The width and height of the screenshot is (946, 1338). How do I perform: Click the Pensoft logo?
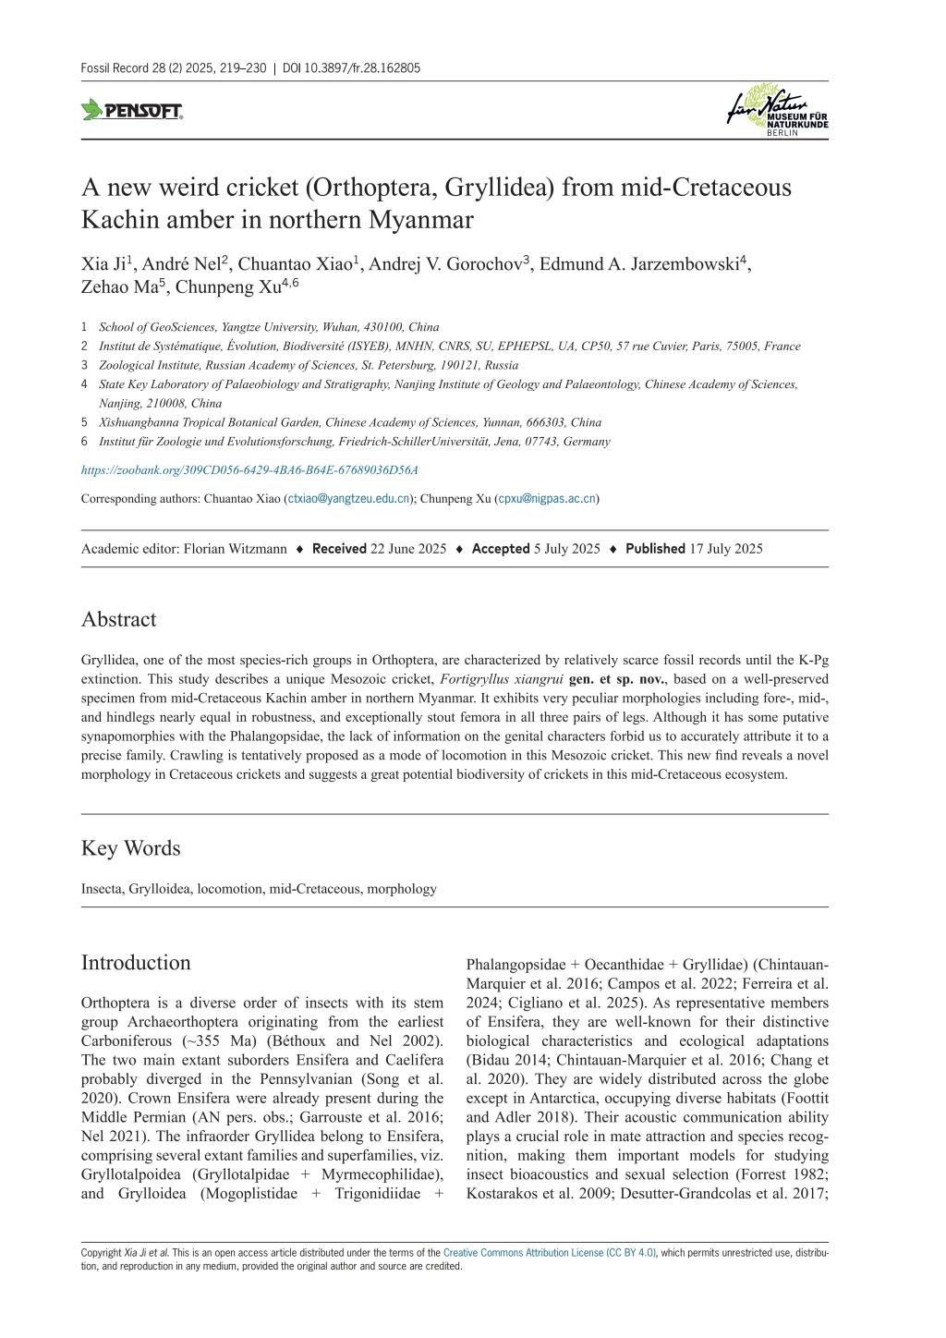(x=132, y=111)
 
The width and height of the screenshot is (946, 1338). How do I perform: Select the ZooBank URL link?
(x=249, y=469)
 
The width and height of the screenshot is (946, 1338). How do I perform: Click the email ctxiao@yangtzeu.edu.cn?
(x=349, y=498)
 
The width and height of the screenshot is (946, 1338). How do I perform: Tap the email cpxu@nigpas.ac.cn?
(x=547, y=498)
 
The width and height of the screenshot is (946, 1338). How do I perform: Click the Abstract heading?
(x=118, y=619)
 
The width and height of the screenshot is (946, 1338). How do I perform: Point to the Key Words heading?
(x=130, y=847)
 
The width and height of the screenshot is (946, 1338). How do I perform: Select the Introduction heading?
(x=136, y=962)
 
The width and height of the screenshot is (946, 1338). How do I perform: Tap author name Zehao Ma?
(x=118, y=286)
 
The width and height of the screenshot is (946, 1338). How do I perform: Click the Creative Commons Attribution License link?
(x=549, y=1253)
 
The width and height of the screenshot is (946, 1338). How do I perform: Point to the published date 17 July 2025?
(x=723, y=548)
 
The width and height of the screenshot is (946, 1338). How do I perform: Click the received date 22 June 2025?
(x=408, y=548)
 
